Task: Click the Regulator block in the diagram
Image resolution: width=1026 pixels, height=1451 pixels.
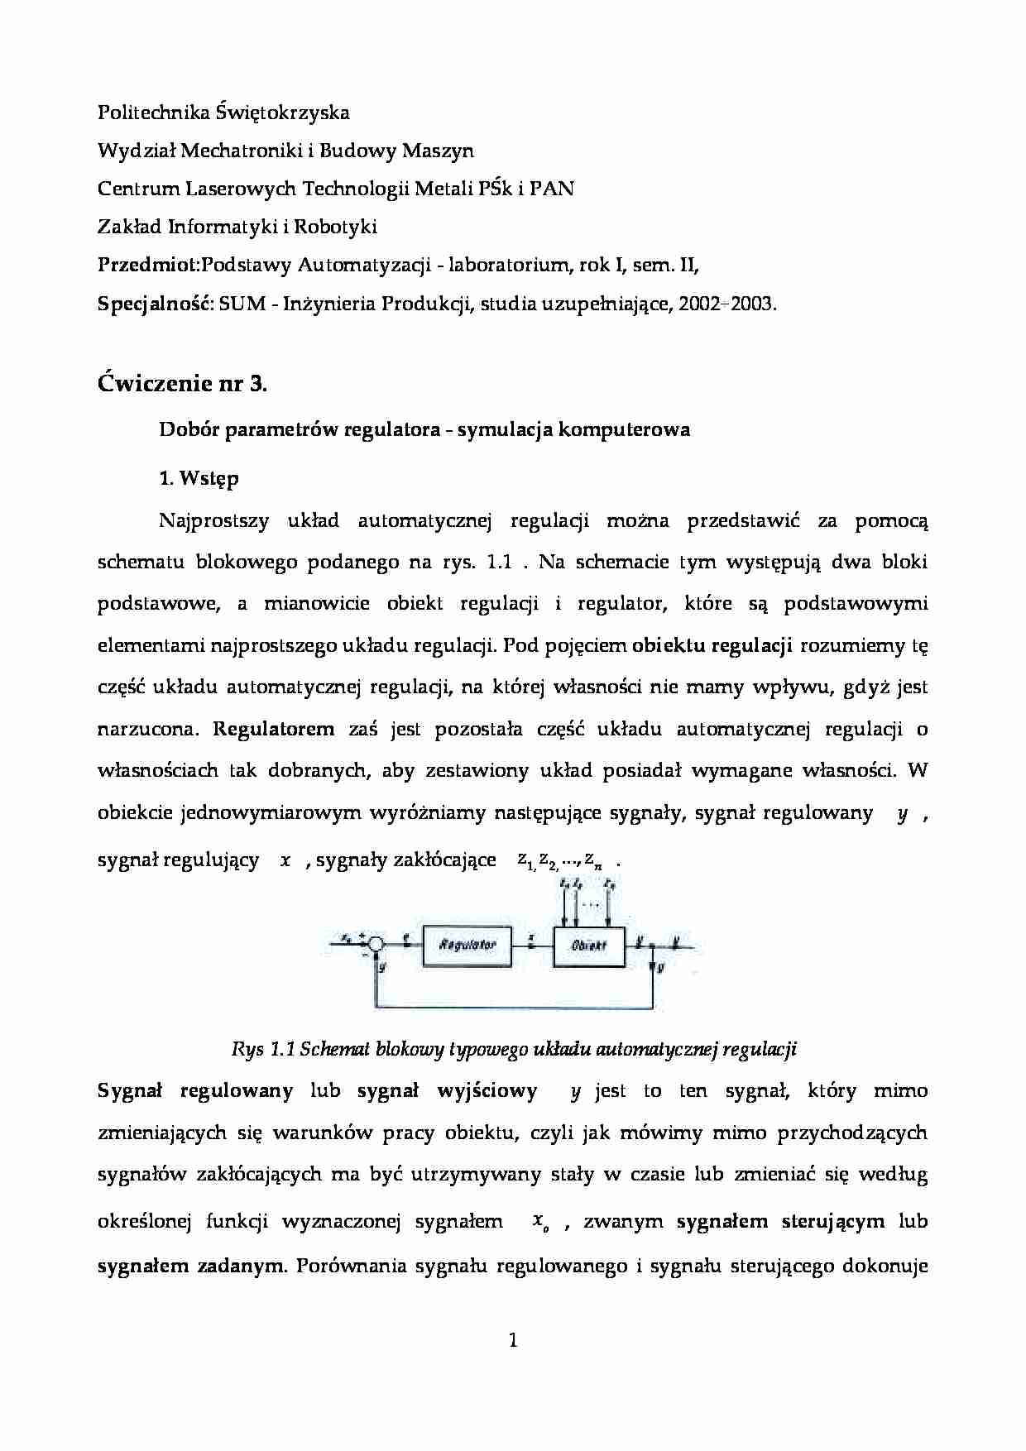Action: point(467,944)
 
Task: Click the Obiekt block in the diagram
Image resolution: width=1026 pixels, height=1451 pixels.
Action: point(589,944)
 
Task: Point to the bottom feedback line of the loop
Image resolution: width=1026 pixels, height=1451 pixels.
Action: point(513,1008)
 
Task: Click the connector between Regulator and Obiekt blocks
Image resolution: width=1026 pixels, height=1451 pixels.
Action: point(532,944)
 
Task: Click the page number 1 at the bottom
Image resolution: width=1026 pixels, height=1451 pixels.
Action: point(513,1339)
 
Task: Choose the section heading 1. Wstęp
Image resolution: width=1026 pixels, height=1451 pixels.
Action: point(199,478)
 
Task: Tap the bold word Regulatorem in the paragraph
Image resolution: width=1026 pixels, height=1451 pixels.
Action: point(274,729)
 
